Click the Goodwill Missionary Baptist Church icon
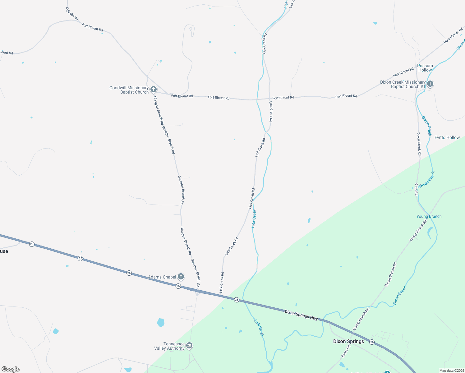(153, 90)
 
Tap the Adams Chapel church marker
(181, 276)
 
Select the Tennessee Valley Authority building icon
(189, 345)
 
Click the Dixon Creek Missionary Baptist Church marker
(430, 84)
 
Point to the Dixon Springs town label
(348, 341)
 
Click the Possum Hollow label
(425, 68)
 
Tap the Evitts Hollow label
(447, 137)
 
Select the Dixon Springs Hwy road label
(301, 315)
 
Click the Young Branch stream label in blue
(429, 216)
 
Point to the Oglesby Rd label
(72, 14)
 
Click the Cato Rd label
(416, 189)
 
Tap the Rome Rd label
(346, 351)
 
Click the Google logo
(10, 369)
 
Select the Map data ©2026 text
(451, 371)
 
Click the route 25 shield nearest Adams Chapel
(178, 286)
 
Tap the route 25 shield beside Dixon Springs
(372, 342)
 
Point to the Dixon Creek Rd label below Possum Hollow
(419, 144)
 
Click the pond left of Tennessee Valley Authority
(160, 322)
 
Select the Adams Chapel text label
(162, 277)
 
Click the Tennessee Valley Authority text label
(169, 346)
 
